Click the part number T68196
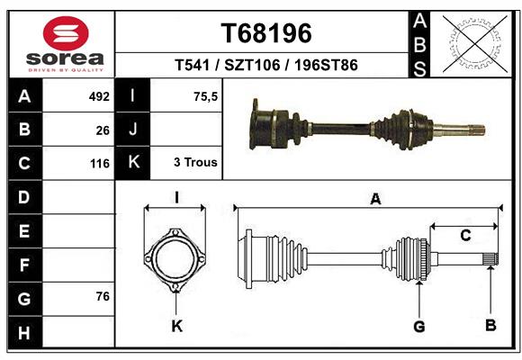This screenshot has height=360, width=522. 265,33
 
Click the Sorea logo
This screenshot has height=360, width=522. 66,43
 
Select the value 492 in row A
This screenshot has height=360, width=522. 98,95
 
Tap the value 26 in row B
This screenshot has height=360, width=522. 103,130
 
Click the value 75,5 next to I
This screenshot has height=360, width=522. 205,95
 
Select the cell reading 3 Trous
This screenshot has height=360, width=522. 194,163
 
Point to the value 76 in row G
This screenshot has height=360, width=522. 102,296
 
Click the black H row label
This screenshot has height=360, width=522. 24,333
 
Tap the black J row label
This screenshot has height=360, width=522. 133,130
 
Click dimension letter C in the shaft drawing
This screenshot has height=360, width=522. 464,236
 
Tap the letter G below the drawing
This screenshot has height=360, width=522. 418,325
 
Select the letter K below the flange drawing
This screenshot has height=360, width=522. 176,326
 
